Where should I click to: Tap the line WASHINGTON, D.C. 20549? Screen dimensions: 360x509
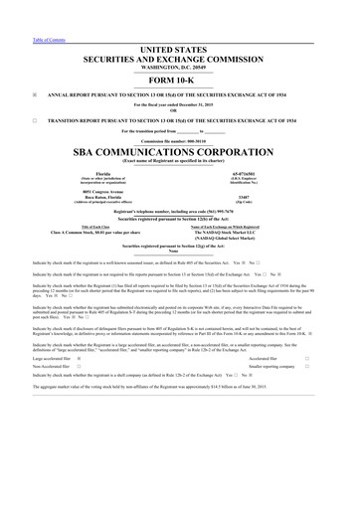pyautogui.click(x=180, y=67)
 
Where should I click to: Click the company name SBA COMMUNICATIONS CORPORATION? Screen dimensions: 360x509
pyautogui.click(x=180, y=155)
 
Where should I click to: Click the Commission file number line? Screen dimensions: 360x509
pyautogui.click(x=180, y=140)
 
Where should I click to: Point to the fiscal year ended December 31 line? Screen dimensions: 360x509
pyautogui.click(x=180, y=107)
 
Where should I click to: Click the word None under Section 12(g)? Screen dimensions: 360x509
pyautogui.click(x=180, y=252)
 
